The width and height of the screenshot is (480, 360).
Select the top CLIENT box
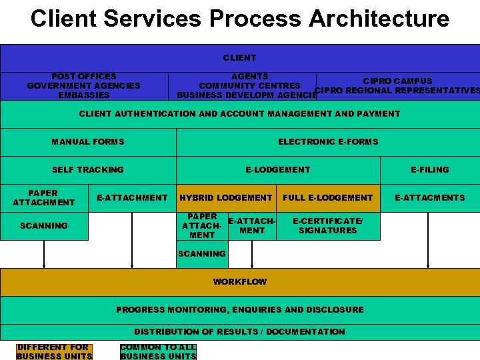pyautogui.click(x=239, y=58)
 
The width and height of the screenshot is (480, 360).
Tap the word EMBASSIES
pyautogui.click(x=83, y=95)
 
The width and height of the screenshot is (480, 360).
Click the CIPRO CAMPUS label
pyautogui.click(x=397, y=81)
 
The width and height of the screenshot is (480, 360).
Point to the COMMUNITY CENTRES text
pyautogui.click(x=249, y=85)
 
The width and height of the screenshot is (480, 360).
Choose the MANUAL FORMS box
pyautogui.click(x=88, y=141)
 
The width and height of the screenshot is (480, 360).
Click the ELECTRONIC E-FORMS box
pyautogui.click(x=328, y=141)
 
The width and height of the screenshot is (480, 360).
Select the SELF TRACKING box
pyautogui.click(x=88, y=169)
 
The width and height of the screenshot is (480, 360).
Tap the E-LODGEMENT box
pyautogui.click(x=277, y=169)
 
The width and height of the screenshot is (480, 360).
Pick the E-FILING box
pyautogui.click(x=430, y=169)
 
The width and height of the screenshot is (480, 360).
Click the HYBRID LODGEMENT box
pyautogui.click(x=226, y=197)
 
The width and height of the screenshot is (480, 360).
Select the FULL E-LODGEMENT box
pyautogui.click(x=328, y=197)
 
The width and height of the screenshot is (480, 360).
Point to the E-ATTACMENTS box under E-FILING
pyautogui.click(x=430, y=197)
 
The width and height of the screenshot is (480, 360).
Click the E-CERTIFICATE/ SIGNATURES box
pyautogui.click(x=328, y=225)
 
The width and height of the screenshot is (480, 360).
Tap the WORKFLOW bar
pyautogui.click(x=239, y=281)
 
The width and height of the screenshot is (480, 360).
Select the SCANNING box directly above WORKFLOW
pyautogui.click(x=202, y=254)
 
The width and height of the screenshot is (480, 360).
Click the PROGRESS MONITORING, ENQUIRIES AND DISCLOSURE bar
pyautogui.click(x=239, y=309)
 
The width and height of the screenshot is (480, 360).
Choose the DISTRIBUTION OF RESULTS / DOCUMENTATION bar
pyautogui.click(x=239, y=331)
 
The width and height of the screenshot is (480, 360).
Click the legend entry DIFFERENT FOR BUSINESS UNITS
pyautogui.click(x=53, y=351)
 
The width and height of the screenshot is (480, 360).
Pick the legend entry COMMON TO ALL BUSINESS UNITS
pyautogui.click(x=158, y=351)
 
